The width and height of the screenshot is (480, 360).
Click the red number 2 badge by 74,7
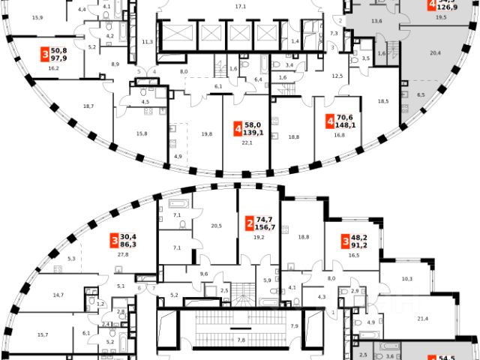coord(248,223)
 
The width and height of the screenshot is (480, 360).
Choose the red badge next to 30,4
coord(114,240)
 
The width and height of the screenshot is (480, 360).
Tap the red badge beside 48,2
coord(345,241)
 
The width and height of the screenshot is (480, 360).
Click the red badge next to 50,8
coord(46,55)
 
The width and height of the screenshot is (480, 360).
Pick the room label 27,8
coord(123,255)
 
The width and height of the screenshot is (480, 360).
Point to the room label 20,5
coord(217,226)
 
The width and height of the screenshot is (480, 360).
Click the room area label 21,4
coord(421,319)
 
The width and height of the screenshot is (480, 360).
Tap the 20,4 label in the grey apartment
coord(435,53)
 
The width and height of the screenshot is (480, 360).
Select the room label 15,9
coord(35,16)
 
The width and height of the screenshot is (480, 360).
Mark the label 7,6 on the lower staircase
coord(241,339)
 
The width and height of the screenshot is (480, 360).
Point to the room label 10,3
coord(407,278)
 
